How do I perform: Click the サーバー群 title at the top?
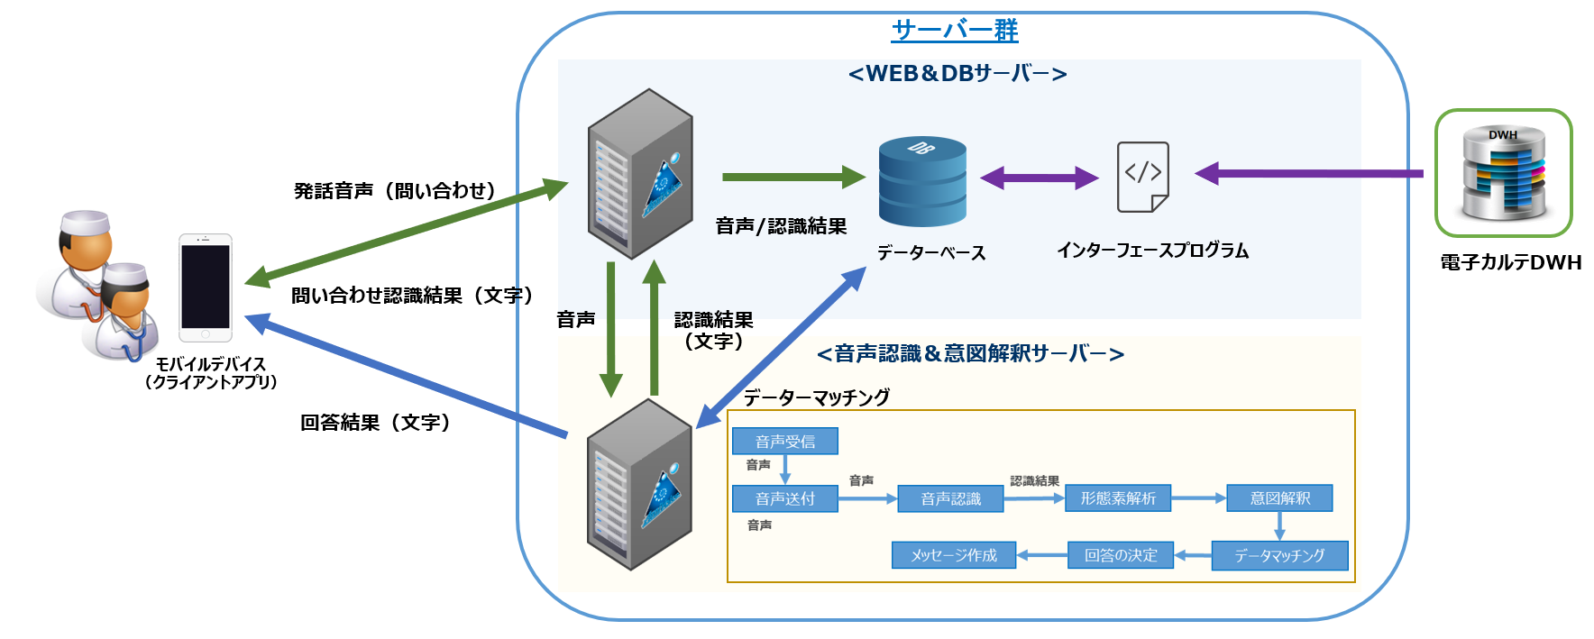pos(954,31)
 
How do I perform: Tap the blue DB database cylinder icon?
pos(922,182)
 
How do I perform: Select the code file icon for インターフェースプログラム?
pos(1142,177)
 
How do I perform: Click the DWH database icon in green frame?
pos(1503,173)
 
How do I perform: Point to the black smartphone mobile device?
pos(206,288)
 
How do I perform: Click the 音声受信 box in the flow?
pos(784,442)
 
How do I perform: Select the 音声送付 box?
pos(784,498)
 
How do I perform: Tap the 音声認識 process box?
pos(950,498)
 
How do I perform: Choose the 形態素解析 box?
pos(1118,498)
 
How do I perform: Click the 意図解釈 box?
pos(1279,498)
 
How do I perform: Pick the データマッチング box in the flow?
pos(1279,555)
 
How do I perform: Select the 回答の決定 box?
pos(1121,555)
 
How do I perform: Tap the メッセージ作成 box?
pos(953,555)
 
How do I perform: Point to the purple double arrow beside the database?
pos(1040,178)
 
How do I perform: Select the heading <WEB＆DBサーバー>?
pos(957,74)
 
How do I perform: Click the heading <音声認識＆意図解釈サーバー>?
pos(970,353)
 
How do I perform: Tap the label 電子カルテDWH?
pos(1510,262)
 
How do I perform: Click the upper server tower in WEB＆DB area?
pos(639,174)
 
